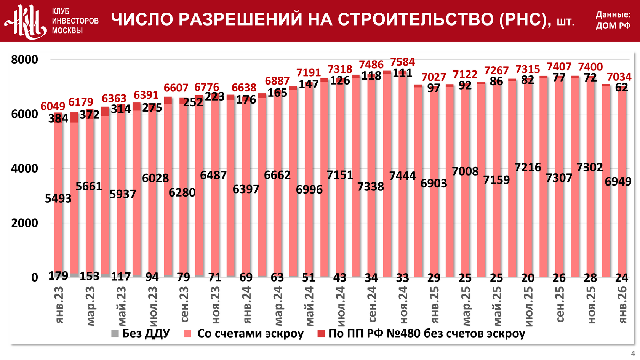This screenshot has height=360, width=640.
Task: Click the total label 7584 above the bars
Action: (402, 62)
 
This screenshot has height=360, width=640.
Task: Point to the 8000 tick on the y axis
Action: (25, 60)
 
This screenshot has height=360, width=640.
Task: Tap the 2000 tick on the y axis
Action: (25, 223)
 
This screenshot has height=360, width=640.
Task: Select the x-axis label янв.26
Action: (622, 305)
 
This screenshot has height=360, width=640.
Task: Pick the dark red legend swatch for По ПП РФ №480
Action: (321, 334)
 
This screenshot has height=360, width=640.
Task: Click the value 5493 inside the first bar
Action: (58, 198)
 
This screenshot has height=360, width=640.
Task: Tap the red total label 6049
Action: (53, 106)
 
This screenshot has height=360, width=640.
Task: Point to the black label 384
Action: (58, 118)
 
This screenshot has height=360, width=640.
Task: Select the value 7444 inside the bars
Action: (402, 176)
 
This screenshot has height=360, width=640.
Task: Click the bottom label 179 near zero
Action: (58, 276)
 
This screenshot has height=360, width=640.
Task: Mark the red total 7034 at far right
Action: (619, 77)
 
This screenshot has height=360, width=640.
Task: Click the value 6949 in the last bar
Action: (618, 181)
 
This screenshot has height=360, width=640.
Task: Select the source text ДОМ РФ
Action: (613, 26)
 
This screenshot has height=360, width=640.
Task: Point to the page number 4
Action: (633, 354)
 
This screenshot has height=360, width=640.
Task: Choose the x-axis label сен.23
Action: (184, 305)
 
